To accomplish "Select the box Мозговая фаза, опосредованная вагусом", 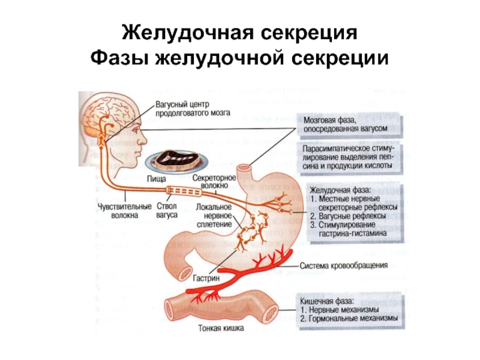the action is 350,124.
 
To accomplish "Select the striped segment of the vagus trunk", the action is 185,192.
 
